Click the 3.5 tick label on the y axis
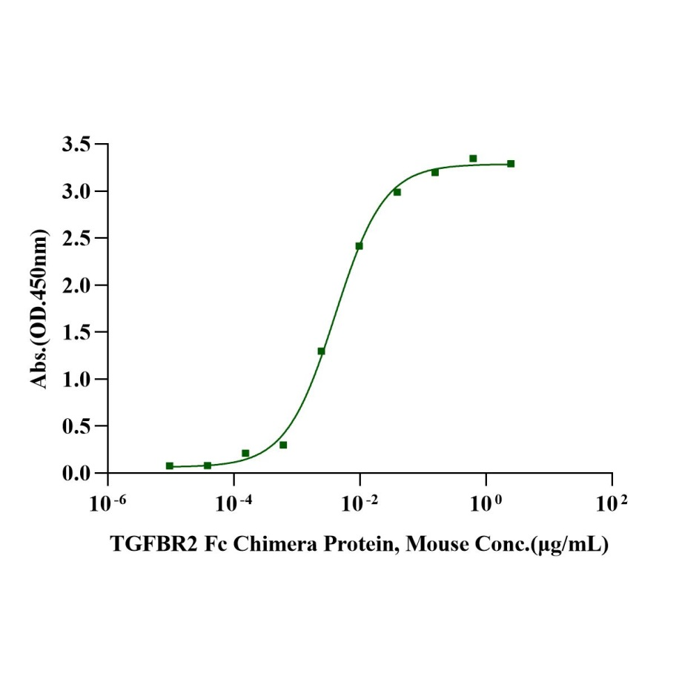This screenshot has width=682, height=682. [79, 145]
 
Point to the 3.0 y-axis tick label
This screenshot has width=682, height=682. [79, 191]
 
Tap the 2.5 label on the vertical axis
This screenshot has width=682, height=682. [79, 239]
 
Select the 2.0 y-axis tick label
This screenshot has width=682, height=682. [79, 285]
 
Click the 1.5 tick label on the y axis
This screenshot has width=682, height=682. [79, 332]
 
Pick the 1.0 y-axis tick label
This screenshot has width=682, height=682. [79, 380]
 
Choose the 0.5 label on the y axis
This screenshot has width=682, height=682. [79, 426]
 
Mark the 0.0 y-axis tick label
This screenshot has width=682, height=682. [79, 473]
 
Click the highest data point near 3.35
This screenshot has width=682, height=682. [473, 158]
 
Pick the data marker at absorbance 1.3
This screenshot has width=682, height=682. [321, 351]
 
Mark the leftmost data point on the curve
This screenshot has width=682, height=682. [170, 466]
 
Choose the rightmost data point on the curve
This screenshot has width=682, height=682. [511, 164]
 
